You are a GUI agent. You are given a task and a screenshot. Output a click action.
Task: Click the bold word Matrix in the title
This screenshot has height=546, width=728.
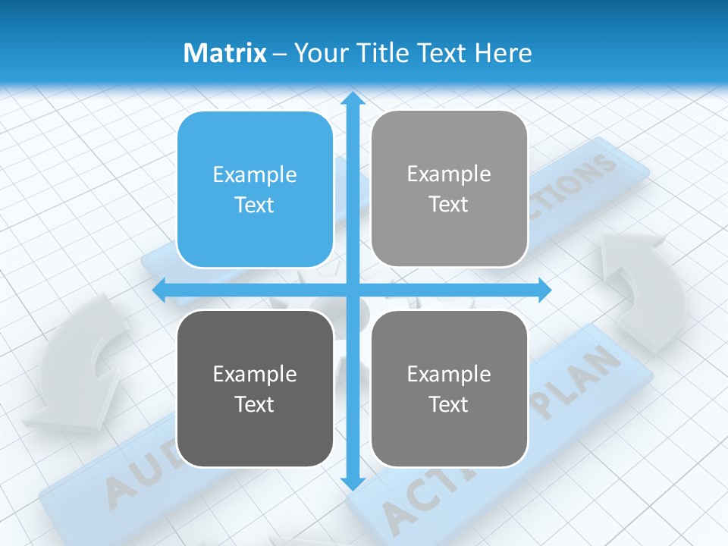click(x=224, y=53)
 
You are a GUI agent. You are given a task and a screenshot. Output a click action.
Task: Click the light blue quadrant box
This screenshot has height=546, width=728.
click(x=255, y=190)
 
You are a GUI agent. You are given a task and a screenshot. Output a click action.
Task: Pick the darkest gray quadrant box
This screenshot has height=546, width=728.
click(x=255, y=388)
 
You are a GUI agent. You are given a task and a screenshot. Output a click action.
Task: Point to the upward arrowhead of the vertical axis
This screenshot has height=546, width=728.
click(x=352, y=99)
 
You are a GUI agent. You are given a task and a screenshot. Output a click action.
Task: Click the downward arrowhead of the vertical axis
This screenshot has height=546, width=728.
click(x=352, y=482)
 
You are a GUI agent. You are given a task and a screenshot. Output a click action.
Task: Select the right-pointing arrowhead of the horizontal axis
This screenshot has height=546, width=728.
click(x=544, y=289)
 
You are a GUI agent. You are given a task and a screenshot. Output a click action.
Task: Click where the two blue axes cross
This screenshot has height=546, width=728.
click(x=352, y=289)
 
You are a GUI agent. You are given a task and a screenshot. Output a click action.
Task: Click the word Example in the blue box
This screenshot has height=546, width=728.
click(x=255, y=174)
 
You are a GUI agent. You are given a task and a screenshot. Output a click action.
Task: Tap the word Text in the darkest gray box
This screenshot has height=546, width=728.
click(x=255, y=404)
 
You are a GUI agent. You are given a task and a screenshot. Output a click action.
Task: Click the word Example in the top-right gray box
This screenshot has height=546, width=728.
click(x=449, y=174)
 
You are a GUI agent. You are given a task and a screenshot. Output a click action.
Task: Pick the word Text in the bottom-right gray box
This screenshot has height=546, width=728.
click(x=449, y=404)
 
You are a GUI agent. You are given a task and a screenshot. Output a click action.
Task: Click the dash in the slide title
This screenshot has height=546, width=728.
click(x=280, y=54)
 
